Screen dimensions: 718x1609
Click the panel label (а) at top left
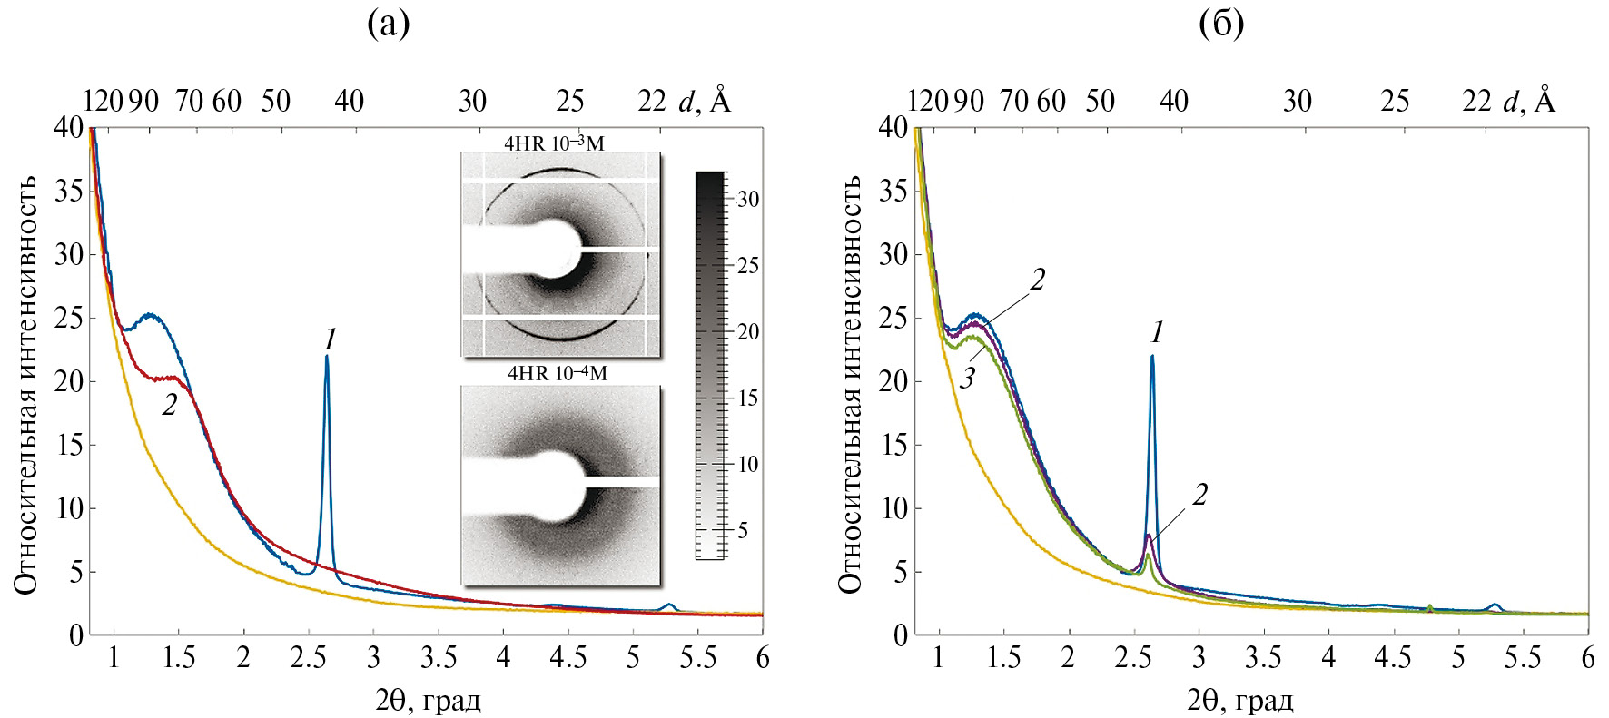pyautogui.click(x=389, y=24)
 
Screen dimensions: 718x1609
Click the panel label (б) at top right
pyautogui.click(x=1221, y=24)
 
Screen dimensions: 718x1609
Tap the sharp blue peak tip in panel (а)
pyautogui.click(x=327, y=357)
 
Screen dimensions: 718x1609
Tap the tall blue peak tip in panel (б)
pyautogui.click(x=1152, y=357)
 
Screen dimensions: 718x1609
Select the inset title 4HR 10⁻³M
pyautogui.click(x=555, y=143)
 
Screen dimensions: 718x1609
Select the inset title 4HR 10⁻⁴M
pyautogui.click(x=558, y=373)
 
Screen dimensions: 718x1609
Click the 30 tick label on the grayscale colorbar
pyautogui.click(x=748, y=199)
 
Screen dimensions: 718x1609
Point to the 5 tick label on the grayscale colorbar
pyautogui.click(x=743, y=530)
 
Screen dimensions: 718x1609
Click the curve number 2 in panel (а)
pyautogui.click(x=170, y=405)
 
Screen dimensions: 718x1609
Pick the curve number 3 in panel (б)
pyautogui.click(x=968, y=378)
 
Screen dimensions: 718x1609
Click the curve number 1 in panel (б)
pyautogui.click(x=1157, y=332)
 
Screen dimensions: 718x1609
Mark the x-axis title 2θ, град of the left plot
pyautogui.click(x=428, y=700)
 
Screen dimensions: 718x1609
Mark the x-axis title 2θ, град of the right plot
pyautogui.click(x=1239, y=700)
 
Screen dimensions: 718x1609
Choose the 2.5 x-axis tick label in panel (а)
pyautogui.click(x=308, y=658)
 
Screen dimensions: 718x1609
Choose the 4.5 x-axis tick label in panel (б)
pyautogui.click(x=1393, y=658)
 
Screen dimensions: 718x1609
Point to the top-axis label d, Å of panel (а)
pyautogui.click(x=705, y=100)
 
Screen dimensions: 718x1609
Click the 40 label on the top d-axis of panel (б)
pyautogui.click(x=1174, y=101)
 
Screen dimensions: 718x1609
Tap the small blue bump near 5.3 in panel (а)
pyautogui.click(x=669, y=605)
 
